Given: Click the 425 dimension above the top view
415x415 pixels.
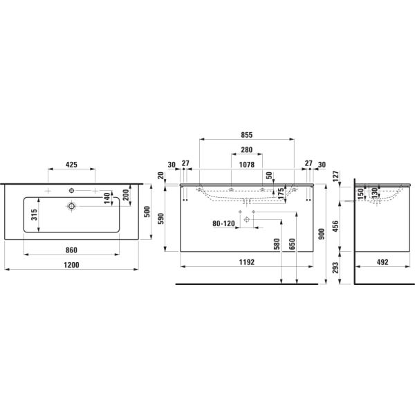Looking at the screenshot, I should [71, 165].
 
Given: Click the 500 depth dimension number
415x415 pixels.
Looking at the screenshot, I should [146, 212].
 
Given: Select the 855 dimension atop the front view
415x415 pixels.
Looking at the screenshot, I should [246, 136].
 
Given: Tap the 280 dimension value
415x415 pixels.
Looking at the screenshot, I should [247, 150].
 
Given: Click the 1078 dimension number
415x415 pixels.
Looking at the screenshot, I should [247, 165].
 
